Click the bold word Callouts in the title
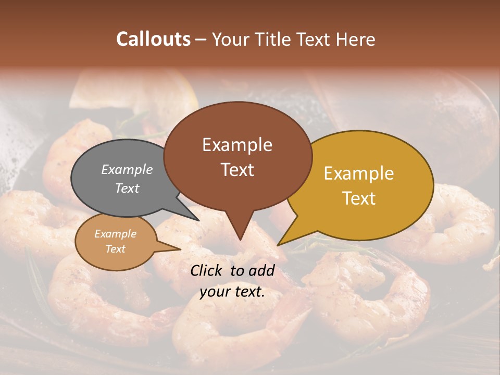(153, 39)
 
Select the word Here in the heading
(356, 39)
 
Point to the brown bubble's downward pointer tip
(240, 239)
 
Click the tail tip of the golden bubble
(279, 244)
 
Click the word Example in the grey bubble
(127, 169)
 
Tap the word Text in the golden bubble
(359, 198)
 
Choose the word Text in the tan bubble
(115, 249)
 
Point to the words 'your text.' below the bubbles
(232, 292)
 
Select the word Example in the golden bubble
(359, 173)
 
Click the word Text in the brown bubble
(237, 170)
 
